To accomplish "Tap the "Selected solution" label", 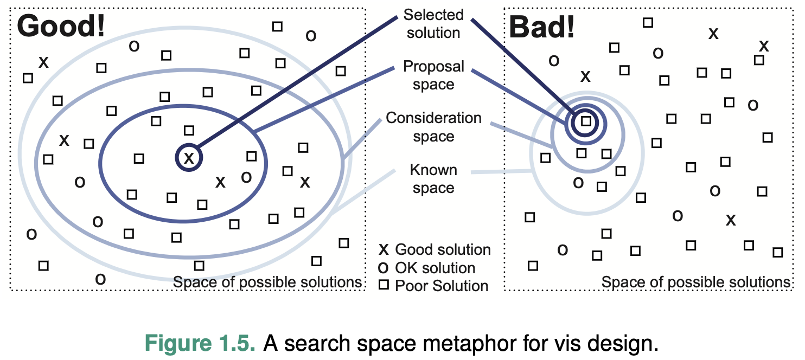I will point(433,23).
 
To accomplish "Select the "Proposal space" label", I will point(433,75).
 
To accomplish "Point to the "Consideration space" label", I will point(433,127).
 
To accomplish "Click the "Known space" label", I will point(433,179).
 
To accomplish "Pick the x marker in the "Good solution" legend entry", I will point(384,250).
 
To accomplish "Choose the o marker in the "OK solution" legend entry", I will point(384,268).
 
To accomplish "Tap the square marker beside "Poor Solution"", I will point(384,286).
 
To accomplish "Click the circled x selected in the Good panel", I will point(189,158).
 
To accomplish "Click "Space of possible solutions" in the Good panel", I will point(267,282).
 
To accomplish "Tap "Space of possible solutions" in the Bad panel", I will point(696,282).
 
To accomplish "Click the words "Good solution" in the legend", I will point(443,250).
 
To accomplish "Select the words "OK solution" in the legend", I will point(435,268).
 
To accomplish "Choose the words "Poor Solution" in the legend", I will point(442,286).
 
